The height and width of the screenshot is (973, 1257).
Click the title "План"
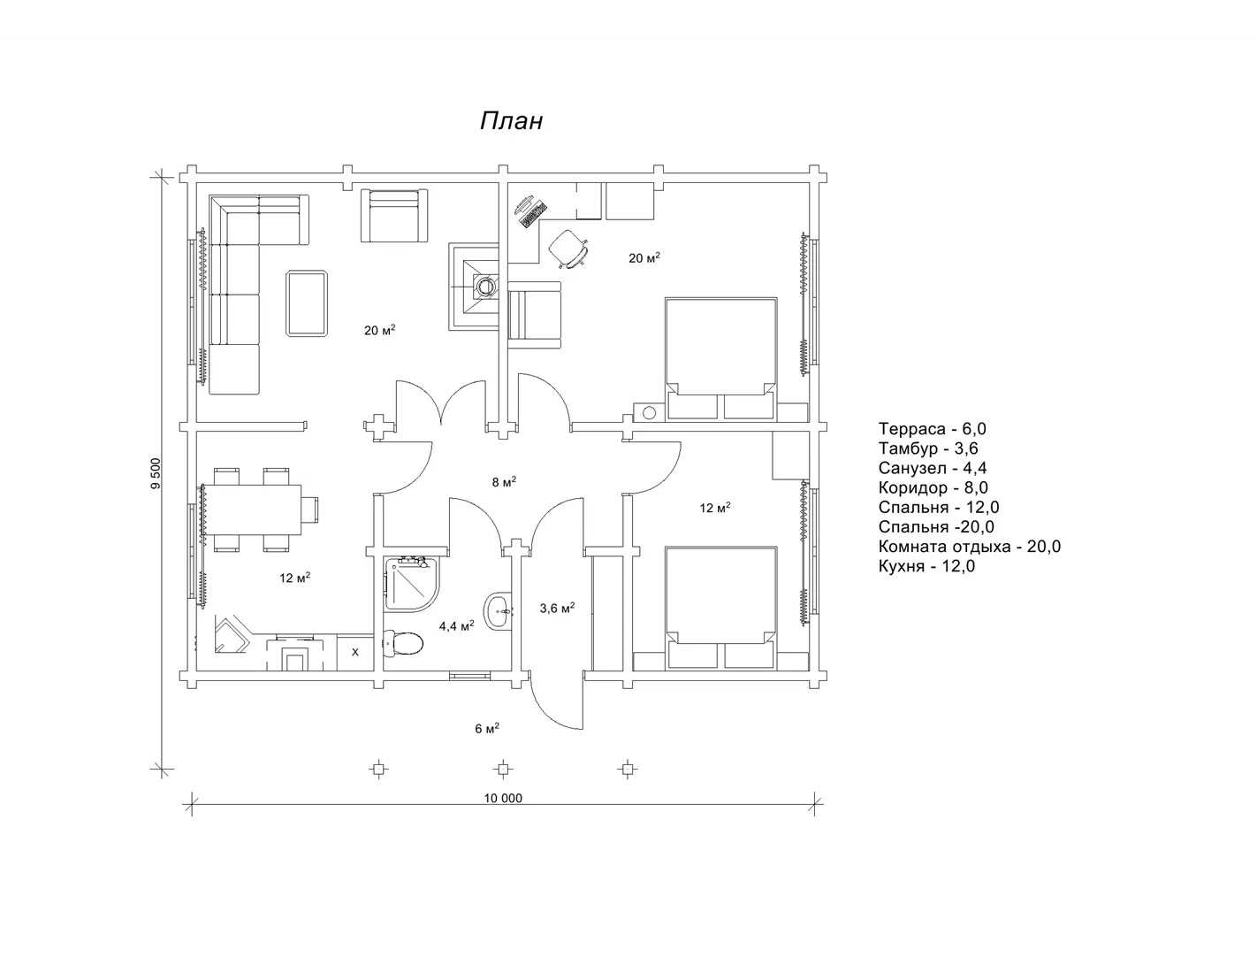coord(511,121)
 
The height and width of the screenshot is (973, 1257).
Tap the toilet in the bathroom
coord(403,642)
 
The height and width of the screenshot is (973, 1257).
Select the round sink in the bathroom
coord(498,610)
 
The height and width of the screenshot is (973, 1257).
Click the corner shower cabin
coord(411,584)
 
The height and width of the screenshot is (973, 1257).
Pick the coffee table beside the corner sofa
coord(307,303)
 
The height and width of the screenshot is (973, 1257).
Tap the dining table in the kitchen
coord(254,510)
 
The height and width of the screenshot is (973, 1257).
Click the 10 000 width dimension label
coord(503,798)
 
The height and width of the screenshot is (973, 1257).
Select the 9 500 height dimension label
coord(155,473)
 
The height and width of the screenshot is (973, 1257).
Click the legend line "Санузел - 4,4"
coord(932,468)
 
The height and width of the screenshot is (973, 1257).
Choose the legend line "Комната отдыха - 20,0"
coord(970,547)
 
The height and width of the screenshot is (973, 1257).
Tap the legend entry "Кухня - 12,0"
coord(926,566)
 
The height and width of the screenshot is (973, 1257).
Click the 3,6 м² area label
coord(557,608)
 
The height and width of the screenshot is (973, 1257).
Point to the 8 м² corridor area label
coord(504,481)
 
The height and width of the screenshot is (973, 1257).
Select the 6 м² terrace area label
coord(487,728)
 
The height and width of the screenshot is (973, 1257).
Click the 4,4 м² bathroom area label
coord(456,625)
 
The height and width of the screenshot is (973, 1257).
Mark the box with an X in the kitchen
coord(354,652)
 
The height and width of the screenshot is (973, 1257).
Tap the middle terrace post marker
coord(503,770)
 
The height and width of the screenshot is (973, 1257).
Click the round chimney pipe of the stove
coord(484,286)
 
